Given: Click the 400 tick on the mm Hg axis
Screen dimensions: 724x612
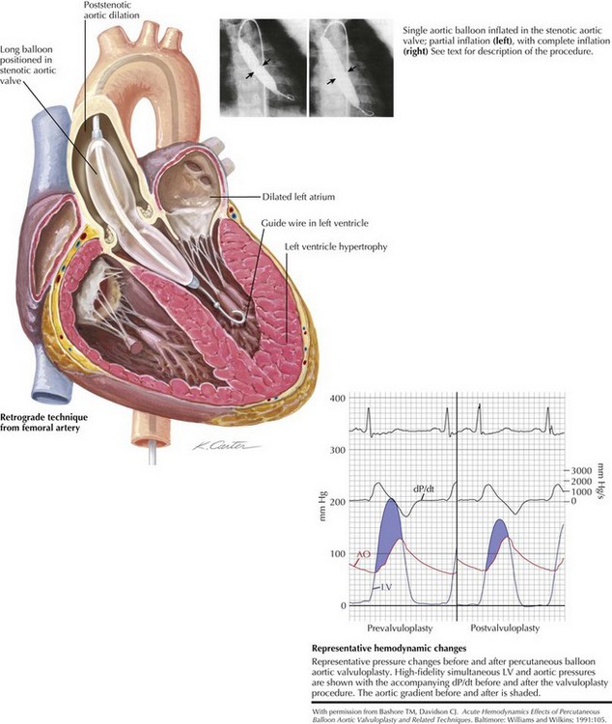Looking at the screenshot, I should (337, 398).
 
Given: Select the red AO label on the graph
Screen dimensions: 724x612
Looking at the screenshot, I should (363, 555).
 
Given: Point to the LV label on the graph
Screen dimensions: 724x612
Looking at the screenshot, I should (384, 587).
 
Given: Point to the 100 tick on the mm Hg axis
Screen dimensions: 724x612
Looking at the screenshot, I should (337, 553).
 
